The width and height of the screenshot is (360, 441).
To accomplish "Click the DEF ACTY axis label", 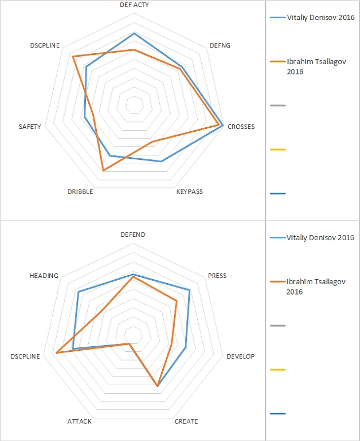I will pos(134,4).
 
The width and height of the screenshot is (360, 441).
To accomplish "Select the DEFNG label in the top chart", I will pos(219,45).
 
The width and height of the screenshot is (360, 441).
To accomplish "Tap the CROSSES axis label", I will pos(241,126).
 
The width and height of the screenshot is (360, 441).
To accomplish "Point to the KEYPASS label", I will pos(189,191).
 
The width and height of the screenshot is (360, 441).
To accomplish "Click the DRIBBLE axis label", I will pos(80,191).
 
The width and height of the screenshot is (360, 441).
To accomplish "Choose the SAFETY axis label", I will pos(30,126).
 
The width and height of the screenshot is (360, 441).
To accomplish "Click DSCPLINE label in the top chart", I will pos(45,45).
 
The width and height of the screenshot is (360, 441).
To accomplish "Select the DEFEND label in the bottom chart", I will pos(133,235).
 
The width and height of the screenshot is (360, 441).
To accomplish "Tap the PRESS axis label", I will pos(217,275).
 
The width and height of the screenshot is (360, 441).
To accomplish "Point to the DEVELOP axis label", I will pos(241,356).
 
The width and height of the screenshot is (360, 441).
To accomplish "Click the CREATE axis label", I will pos(186,421).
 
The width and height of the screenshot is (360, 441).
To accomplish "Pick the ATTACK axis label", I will pos(79,421).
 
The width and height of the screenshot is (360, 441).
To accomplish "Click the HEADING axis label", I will pos(44,275).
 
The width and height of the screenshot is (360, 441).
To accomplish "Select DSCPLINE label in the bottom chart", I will pos(25,356).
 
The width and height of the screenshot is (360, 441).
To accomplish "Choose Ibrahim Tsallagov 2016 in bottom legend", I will pos(316,287).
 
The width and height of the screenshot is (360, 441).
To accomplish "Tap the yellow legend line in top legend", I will pos(278,149).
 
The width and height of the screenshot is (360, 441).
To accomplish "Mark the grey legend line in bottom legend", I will pos(278,326).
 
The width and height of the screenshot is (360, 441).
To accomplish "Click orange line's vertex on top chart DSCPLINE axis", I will pos(73,57).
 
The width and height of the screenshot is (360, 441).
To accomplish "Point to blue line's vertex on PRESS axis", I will pos(189,290).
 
